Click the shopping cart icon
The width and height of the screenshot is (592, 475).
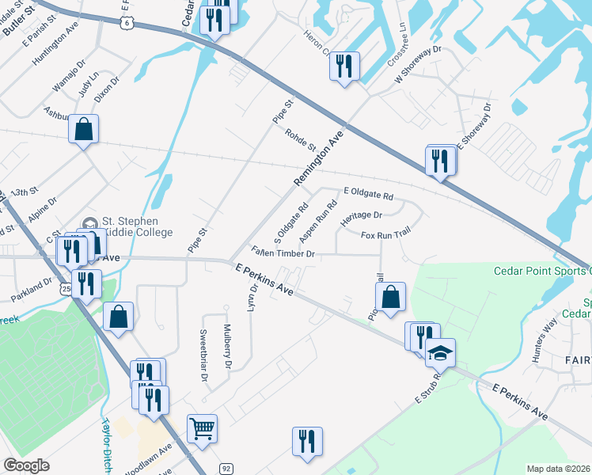pyautogui.click(x=202, y=429)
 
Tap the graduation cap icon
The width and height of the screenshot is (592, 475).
pyautogui.click(x=440, y=351)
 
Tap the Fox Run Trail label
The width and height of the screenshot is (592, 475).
pyautogui.click(x=385, y=235)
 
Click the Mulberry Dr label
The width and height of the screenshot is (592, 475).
pyautogui.click(x=228, y=347)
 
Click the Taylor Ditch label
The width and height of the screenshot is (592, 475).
pyautogui.click(x=105, y=445)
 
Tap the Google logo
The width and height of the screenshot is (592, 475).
pyautogui.click(x=26, y=465)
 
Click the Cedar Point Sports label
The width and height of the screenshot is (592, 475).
pyautogui.click(x=542, y=271)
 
